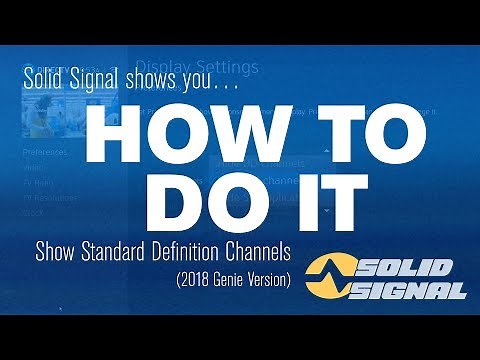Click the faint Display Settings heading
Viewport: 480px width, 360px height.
[x=198, y=68]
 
